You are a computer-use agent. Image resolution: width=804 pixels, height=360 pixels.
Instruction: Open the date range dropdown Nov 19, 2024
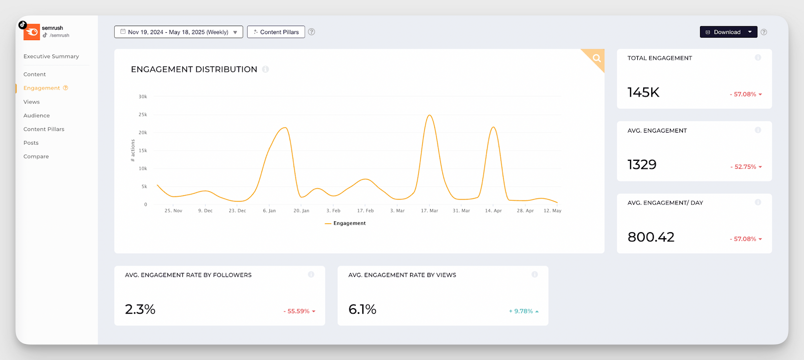pos(178,32)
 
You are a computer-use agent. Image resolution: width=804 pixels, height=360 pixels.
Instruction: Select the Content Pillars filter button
pos(276,32)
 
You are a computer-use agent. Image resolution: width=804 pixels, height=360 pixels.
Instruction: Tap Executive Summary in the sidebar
pos(51,56)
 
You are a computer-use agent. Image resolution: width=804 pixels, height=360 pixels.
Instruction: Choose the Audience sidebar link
pos(37,116)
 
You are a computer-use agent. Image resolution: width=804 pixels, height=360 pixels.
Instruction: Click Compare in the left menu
pos(36,156)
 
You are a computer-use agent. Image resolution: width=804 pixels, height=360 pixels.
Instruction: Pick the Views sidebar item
pos(32,102)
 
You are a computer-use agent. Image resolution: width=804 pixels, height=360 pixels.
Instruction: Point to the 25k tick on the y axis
pos(143,115)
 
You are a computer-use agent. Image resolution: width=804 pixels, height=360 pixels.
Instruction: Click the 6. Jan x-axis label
pos(269,211)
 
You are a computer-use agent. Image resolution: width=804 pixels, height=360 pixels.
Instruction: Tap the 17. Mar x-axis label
pos(430,211)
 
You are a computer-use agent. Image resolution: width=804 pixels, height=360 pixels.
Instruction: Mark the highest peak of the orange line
pos(430,116)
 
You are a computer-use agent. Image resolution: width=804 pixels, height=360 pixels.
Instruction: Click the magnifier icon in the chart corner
pos(596,58)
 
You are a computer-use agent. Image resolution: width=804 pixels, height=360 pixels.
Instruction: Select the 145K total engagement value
pos(643,93)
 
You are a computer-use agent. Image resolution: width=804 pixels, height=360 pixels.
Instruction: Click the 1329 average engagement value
pos(642,165)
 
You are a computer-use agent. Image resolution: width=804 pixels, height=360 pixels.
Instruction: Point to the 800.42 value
pos(651,237)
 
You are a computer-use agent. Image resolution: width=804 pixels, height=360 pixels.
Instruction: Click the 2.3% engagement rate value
pos(140,309)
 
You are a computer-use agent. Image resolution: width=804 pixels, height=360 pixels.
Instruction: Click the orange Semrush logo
pos(32,32)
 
